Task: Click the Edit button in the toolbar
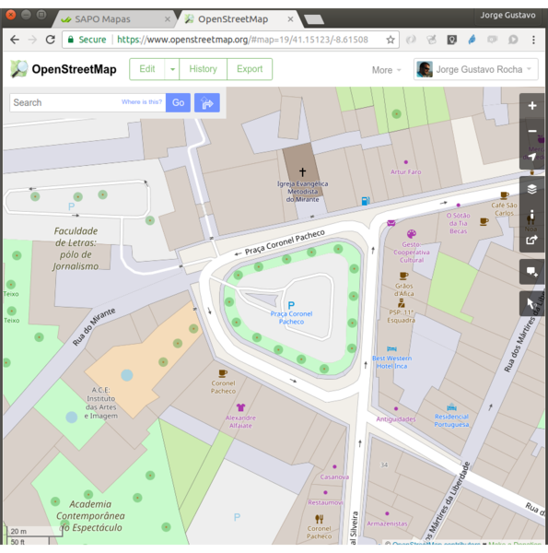147,69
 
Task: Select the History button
203,69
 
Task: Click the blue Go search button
178,102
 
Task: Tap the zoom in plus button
532,106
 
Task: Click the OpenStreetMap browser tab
233,18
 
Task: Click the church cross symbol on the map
302,171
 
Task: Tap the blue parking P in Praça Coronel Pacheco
291,304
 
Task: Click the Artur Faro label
405,171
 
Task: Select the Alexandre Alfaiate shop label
240,420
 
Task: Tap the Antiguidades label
395,418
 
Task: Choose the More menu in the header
381,70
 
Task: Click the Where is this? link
142,102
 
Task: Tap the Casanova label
334,477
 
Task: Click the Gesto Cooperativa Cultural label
411,251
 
